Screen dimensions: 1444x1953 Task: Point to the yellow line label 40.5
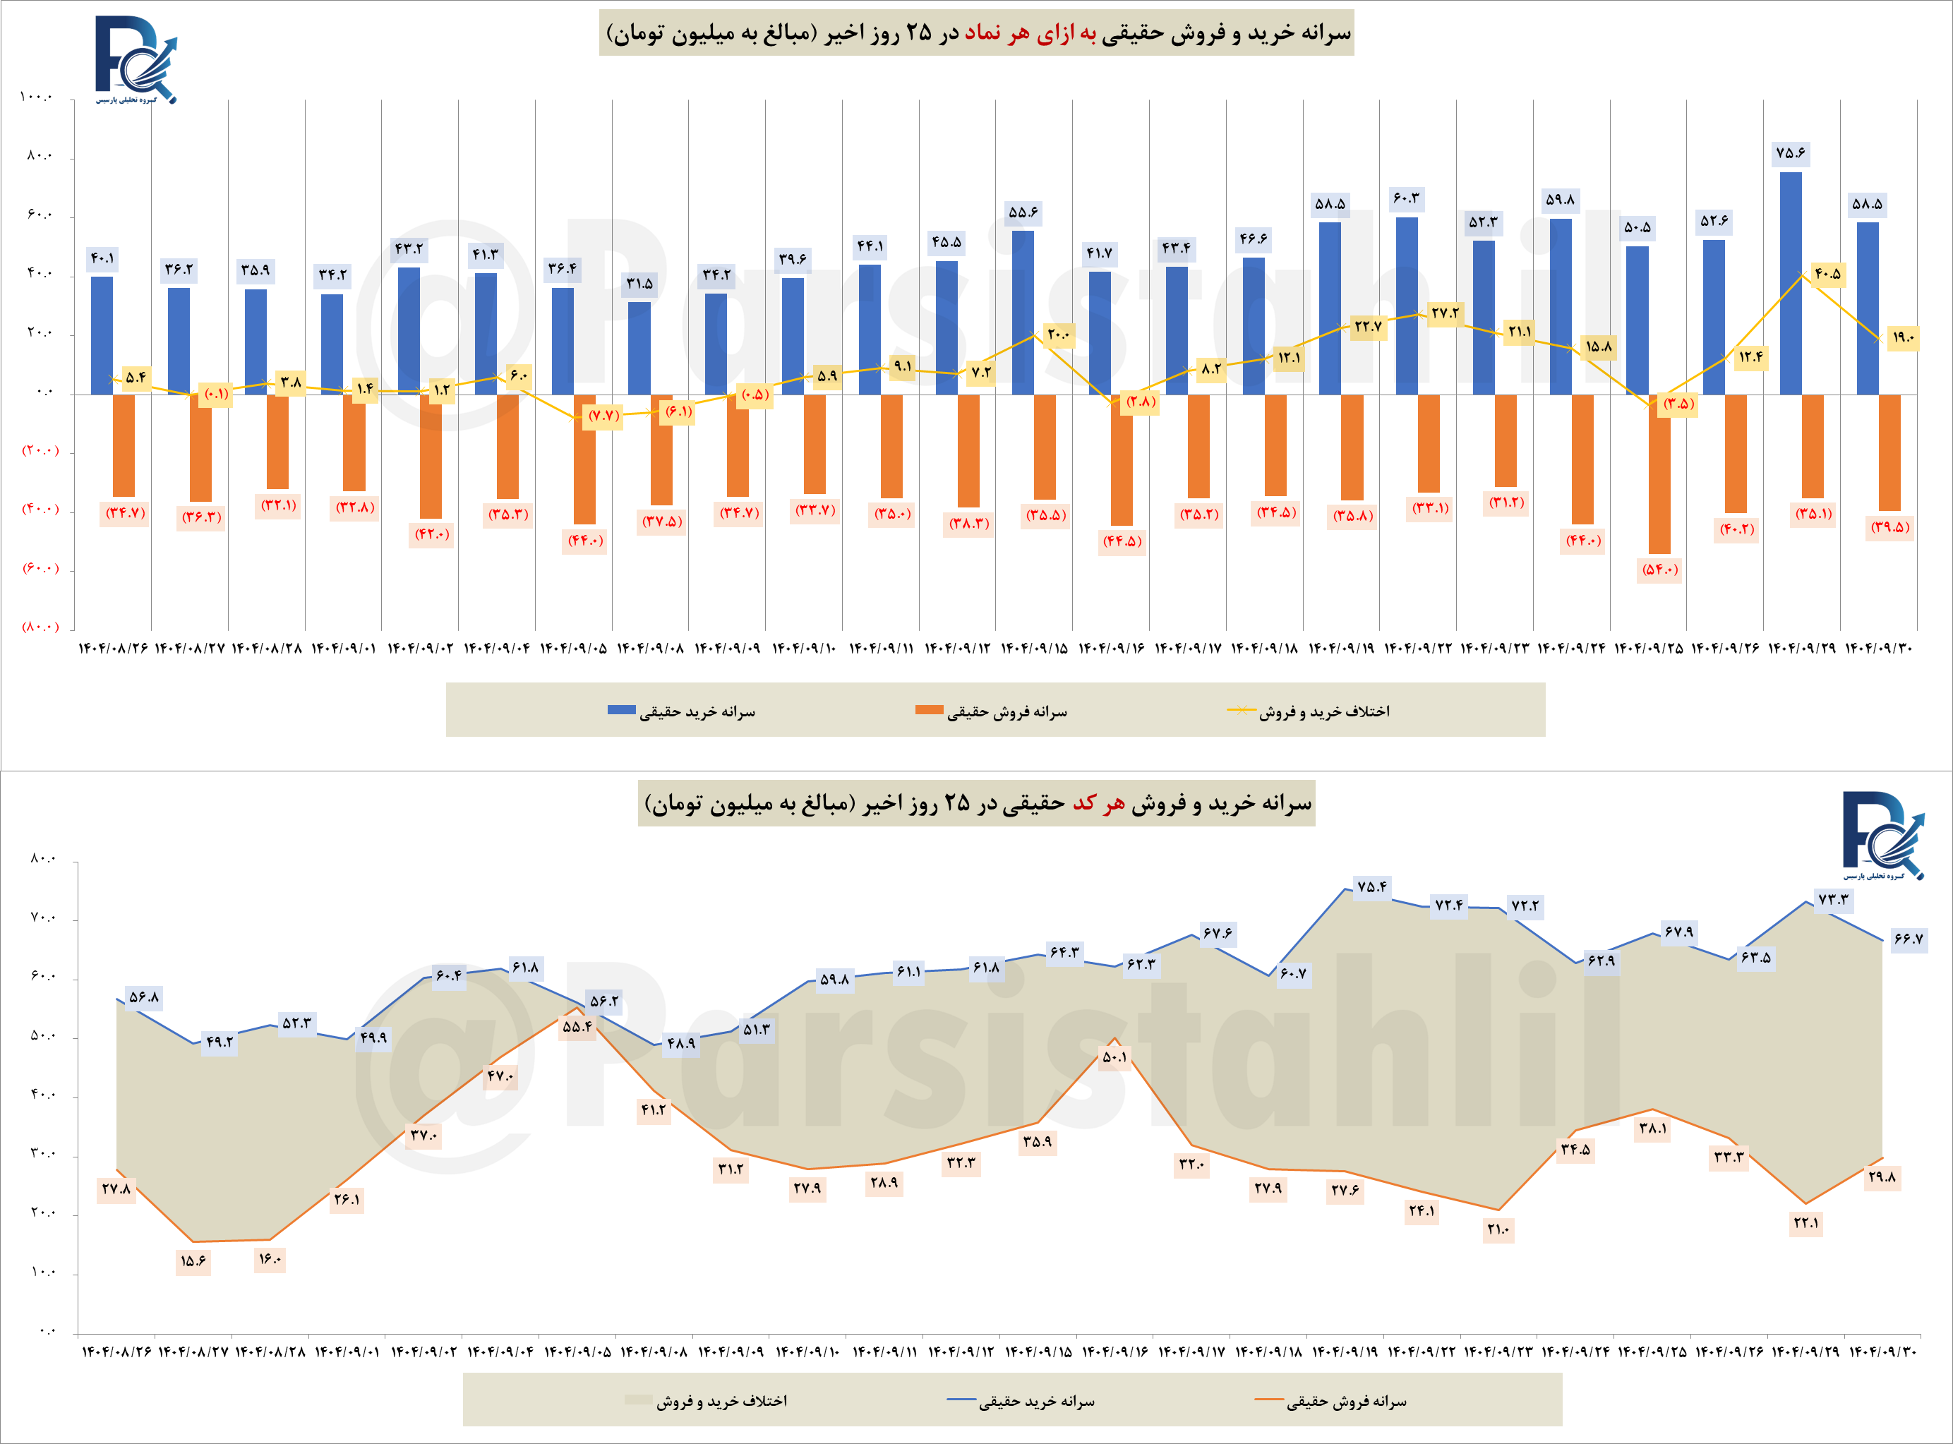coord(1827,275)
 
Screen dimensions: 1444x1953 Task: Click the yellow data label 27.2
coord(1445,313)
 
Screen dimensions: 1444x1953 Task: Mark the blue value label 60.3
coord(1407,198)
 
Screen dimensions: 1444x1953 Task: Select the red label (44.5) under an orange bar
coord(1122,541)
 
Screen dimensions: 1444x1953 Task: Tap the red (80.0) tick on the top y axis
coord(40,627)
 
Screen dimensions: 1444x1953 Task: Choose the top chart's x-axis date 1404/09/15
coord(1034,649)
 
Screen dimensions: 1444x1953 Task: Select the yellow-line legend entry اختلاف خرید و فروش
coord(1323,711)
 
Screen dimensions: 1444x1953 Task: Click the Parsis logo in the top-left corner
coord(136,59)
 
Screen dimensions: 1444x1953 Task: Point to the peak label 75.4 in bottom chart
coord(1371,886)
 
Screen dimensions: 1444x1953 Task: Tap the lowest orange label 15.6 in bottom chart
coord(193,1261)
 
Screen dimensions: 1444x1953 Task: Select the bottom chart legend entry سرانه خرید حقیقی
coord(1036,1401)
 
